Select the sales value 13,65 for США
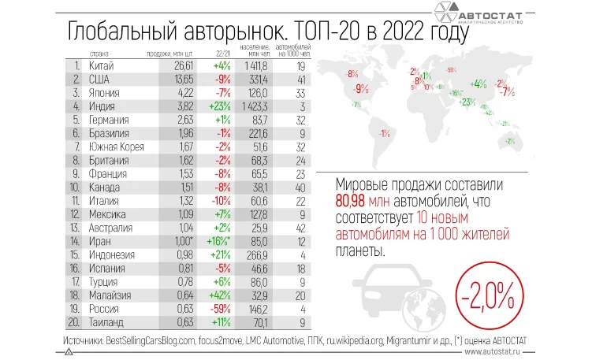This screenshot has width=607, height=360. click(162, 80)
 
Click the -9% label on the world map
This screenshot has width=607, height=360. click(363, 88)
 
